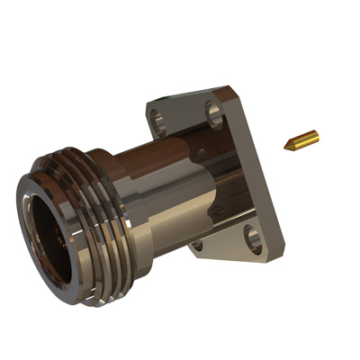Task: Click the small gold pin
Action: (x=301, y=141)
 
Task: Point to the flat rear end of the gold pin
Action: (x=316, y=136)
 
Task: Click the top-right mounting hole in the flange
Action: (x=214, y=111)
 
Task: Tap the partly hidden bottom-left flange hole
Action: (x=197, y=246)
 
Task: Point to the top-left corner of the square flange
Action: (x=148, y=101)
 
